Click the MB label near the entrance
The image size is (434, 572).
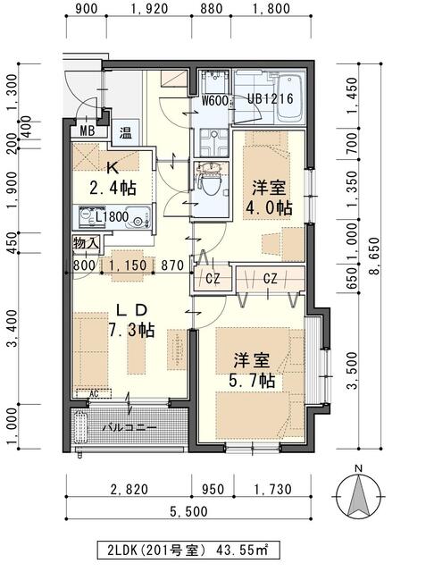[x=87, y=130]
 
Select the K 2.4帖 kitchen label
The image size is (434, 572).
[x=113, y=178]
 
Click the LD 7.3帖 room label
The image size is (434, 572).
[x=131, y=320]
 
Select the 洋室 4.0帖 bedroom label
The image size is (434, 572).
[x=268, y=197]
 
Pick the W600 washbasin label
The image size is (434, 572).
[x=214, y=101]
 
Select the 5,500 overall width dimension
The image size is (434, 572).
[x=189, y=510]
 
